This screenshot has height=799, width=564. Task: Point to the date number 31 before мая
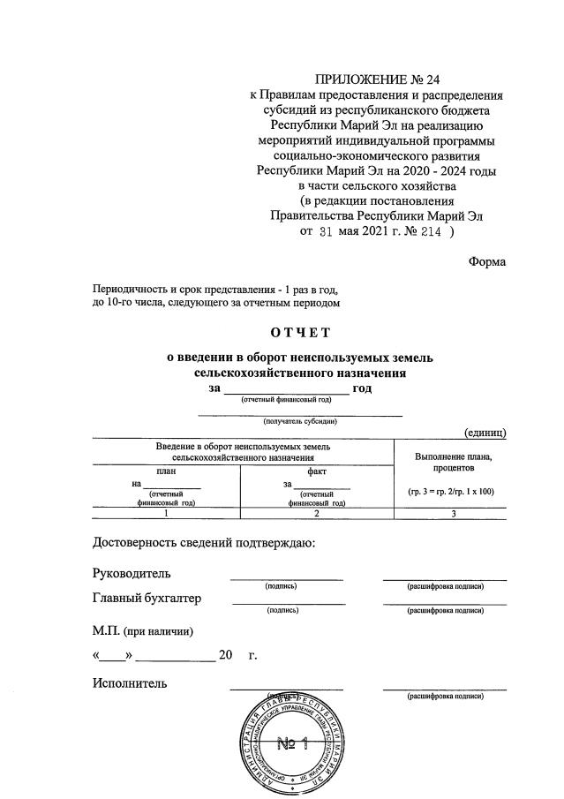pos(327,232)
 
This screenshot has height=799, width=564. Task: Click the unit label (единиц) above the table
pos(485,432)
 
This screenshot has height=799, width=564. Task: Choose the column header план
pos(166,471)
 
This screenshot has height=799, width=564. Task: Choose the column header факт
pos(317,471)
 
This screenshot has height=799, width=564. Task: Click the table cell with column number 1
pos(166,513)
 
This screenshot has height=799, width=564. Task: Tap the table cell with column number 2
pos(317,513)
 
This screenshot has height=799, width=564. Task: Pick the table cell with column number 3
pos(453,513)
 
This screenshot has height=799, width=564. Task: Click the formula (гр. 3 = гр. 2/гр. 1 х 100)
pos(453,490)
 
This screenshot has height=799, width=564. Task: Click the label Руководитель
pos(132,574)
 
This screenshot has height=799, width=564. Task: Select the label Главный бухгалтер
pos(147,599)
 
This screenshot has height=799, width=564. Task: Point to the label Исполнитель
pos(130,682)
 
